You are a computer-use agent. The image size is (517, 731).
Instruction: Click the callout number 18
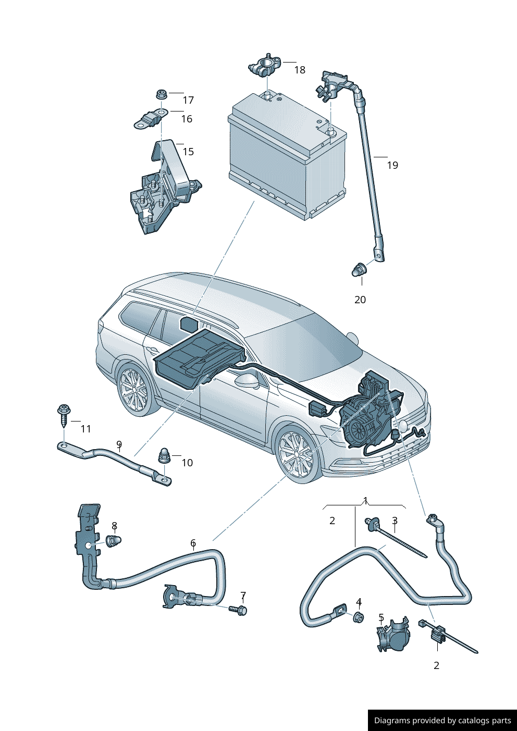pos(300,70)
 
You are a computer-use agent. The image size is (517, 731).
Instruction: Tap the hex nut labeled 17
pos(161,94)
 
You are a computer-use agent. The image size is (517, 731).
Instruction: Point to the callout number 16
pos(187,119)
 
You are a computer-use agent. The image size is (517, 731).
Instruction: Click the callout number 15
pos(188,152)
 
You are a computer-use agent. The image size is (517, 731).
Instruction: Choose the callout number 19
pos(392,165)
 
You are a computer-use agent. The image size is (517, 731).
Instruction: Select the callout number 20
pos(360,300)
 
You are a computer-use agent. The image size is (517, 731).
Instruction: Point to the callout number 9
pos(119,444)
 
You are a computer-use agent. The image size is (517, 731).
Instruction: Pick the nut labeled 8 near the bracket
pos(113,541)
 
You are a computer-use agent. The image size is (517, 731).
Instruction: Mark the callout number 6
pos(193,543)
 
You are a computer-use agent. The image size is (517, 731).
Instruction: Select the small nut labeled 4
pos(358,617)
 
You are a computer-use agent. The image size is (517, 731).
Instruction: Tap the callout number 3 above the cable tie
pos(395,521)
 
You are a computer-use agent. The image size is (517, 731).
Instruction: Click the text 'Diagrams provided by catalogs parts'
pos(442,721)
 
